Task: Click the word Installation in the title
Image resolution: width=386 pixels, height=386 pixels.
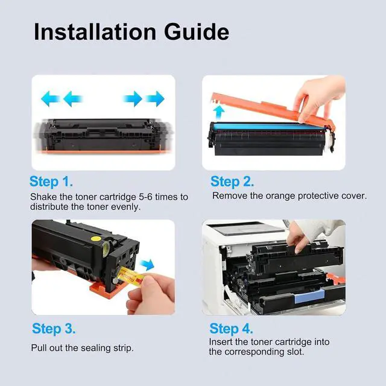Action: point(95,32)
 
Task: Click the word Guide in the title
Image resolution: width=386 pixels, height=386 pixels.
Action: point(197,32)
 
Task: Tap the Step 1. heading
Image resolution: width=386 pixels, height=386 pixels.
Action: point(51,182)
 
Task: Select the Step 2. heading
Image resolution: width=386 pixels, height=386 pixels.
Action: point(232,182)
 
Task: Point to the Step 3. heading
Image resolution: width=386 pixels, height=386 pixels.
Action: point(54,329)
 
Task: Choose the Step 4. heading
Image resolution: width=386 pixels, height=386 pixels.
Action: point(231,329)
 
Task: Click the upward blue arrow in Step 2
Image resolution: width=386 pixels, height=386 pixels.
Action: point(218,113)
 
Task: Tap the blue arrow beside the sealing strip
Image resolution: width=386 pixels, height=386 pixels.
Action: point(147,265)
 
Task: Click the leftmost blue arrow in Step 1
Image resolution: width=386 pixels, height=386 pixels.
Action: point(50,99)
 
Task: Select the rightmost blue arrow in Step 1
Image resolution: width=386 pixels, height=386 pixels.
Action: point(155,99)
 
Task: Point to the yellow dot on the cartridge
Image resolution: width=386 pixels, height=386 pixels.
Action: point(95,239)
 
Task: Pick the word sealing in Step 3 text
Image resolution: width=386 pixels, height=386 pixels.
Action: point(95,349)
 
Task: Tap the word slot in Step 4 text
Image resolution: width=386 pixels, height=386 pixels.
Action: point(295,352)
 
